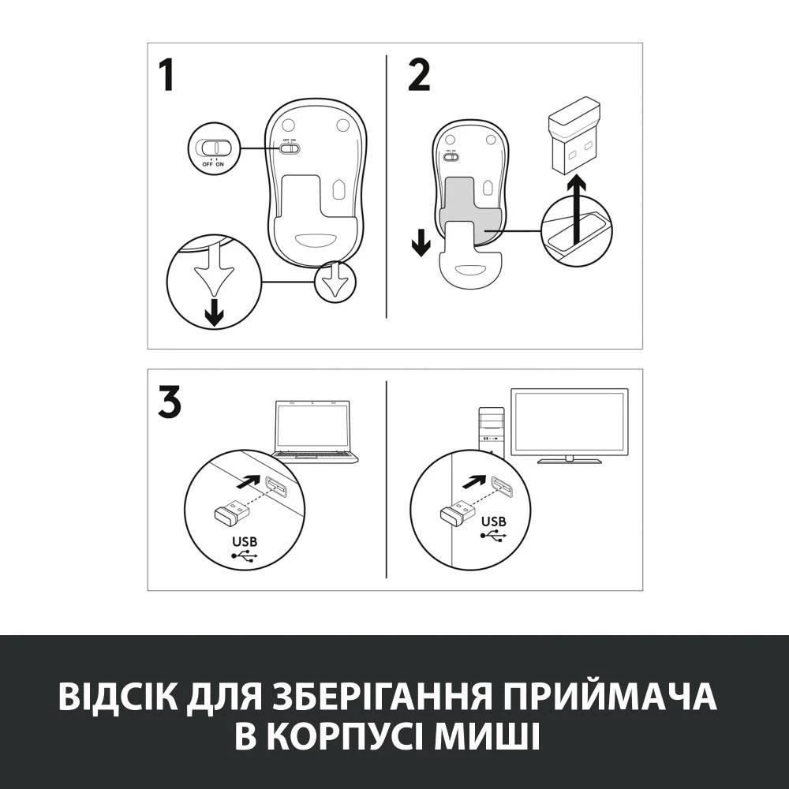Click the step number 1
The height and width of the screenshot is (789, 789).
tap(166, 76)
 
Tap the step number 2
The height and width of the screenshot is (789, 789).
tap(419, 76)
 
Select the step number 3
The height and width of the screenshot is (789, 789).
tap(169, 402)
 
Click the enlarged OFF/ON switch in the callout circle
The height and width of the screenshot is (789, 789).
tap(213, 148)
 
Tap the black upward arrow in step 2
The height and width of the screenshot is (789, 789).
tap(578, 208)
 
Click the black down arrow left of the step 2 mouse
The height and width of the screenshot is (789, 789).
tap(421, 241)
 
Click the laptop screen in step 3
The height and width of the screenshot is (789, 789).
tap(312, 425)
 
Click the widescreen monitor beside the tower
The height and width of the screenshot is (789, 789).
tap(570, 422)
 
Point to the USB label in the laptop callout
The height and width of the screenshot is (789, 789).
tap(245, 542)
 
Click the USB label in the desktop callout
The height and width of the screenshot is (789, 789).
tap(493, 522)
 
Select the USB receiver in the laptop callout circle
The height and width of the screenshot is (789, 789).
tap(230, 514)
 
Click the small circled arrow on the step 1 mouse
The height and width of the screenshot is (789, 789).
tap(335, 282)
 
